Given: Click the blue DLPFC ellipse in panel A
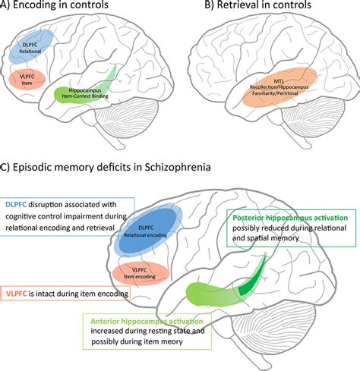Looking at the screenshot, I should click(34, 46).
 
